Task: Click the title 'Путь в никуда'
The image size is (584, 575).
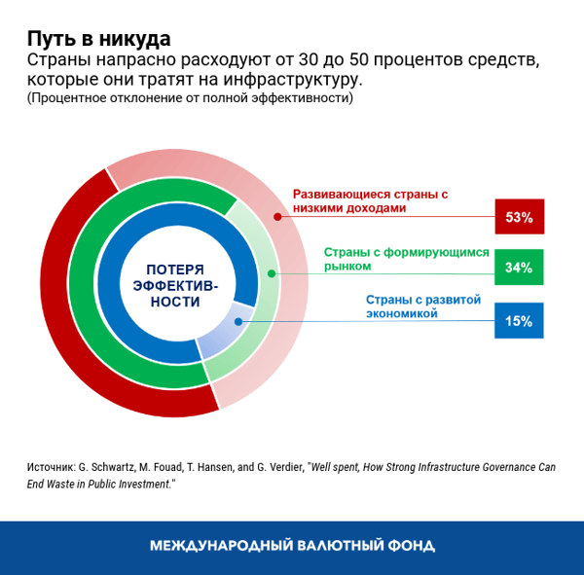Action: [x=98, y=39]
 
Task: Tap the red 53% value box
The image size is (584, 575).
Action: [x=519, y=217]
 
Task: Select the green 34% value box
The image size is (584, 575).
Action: [x=519, y=268]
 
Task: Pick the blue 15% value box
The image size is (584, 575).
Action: [x=519, y=320]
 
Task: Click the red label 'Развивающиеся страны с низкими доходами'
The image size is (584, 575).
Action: [x=370, y=201]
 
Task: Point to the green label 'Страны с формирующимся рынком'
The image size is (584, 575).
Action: [x=406, y=258]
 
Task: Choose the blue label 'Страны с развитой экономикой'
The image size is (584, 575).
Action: [x=423, y=306]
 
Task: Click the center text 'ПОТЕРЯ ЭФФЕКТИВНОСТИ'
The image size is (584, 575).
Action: [x=176, y=286]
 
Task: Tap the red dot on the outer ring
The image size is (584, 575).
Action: [x=278, y=216]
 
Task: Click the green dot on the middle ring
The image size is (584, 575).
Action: [x=273, y=274]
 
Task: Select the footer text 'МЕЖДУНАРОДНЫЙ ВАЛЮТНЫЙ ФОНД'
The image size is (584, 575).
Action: [x=292, y=546]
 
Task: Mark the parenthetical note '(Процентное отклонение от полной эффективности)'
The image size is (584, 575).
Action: [x=190, y=97]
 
